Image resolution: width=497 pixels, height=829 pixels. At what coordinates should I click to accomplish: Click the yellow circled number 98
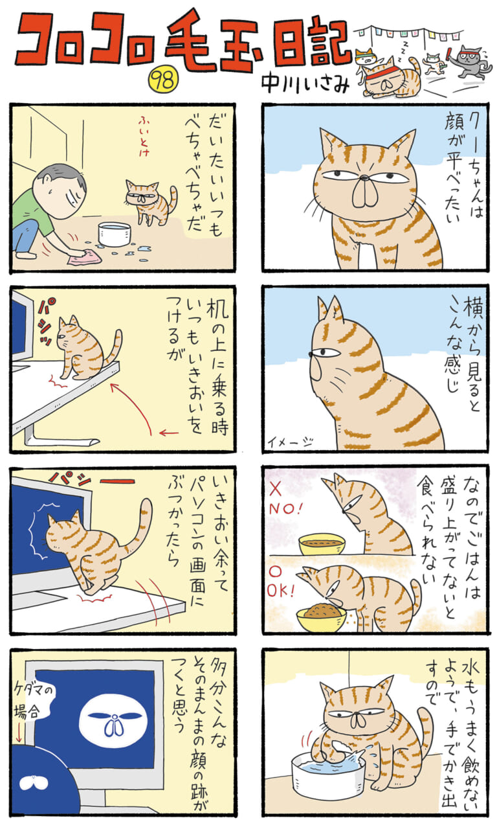tap(163, 82)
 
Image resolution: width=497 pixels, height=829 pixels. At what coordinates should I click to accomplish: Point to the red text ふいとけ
tap(144, 137)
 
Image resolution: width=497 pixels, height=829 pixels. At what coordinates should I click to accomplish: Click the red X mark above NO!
tap(275, 490)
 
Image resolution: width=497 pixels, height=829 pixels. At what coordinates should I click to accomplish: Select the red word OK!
tap(281, 591)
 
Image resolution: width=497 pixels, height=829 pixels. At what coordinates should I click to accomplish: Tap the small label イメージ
tap(291, 442)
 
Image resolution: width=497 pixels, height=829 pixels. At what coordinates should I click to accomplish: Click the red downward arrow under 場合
tap(19, 734)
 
